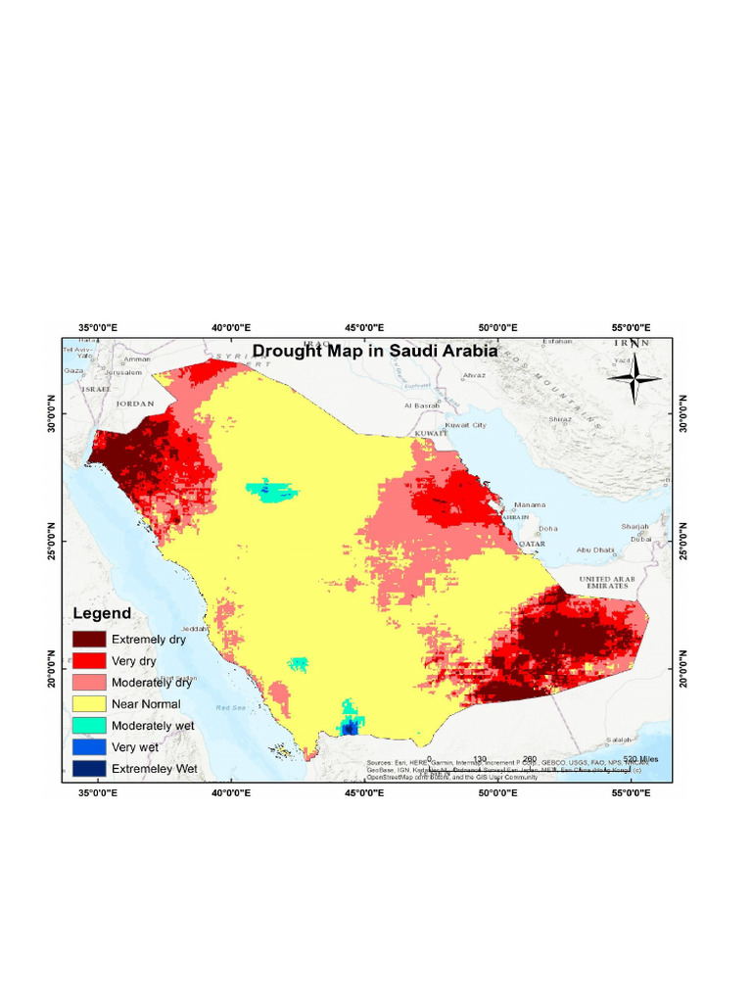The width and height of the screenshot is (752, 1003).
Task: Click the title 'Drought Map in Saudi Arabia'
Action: [x=375, y=351]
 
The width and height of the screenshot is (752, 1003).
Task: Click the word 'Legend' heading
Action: [x=104, y=613]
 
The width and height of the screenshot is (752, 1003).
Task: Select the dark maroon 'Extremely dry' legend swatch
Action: [x=88, y=640]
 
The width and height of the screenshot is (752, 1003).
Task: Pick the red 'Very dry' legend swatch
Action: [x=88, y=661]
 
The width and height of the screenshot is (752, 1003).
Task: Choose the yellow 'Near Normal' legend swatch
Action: [x=88, y=704]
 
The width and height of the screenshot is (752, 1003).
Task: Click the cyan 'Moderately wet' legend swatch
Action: [x=88, y=726]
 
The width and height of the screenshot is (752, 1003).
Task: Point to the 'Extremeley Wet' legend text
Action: [x=155, y=769]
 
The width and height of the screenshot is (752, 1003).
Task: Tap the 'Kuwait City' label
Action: [x=466, y=426]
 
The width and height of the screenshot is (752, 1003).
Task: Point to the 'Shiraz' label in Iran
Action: [x=560, y=419]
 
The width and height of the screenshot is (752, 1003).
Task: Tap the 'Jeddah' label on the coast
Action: [x=193, y=629]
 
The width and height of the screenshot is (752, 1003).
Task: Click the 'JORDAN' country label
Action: [x=135, y=403]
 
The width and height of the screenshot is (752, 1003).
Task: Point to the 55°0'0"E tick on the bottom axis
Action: [x=632, y=794]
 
